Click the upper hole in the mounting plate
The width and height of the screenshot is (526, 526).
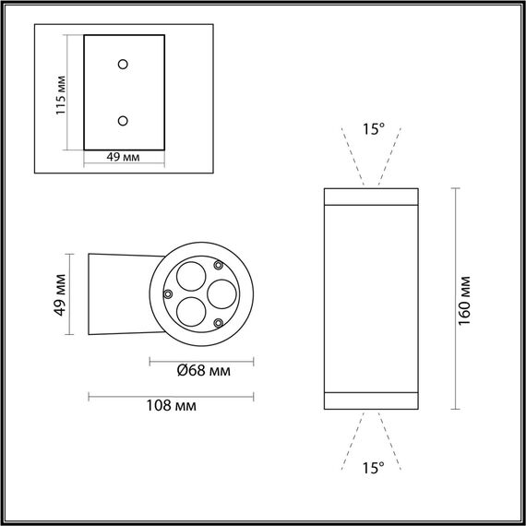click(124, 64)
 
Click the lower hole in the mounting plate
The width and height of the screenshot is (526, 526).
click(124, 119)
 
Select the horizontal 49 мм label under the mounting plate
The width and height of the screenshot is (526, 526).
click(123, 158)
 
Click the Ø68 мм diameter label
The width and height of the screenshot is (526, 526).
click(202, 372)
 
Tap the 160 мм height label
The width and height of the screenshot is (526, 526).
click(465, 298)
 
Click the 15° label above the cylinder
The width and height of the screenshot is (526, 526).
click(372, 130)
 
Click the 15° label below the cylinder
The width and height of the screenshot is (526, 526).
click(372, 469)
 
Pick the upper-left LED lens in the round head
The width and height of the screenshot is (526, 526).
click(191, 276)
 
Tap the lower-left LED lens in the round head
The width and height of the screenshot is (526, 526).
click(191, 310)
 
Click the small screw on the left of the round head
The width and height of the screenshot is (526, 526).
click(168, 293)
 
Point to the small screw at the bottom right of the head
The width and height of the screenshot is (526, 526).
click(219, 322)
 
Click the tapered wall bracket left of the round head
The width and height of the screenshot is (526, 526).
click(117, 293)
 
